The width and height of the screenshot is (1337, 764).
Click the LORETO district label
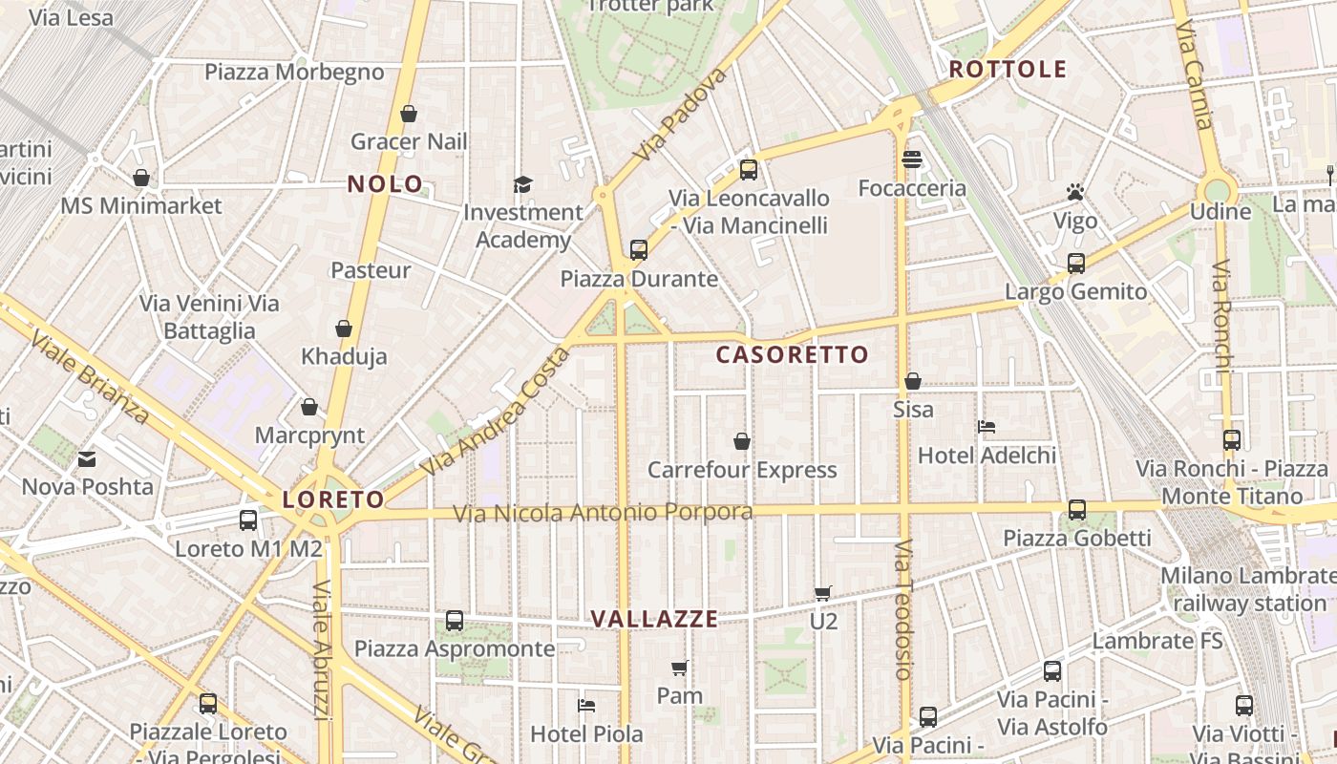(333, 499)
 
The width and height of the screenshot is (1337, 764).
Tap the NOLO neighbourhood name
(385, 184)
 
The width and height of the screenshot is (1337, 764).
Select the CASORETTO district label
(793, 355)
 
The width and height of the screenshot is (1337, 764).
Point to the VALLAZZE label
(654, 619)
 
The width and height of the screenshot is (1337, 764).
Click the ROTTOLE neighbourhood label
(1008, 69)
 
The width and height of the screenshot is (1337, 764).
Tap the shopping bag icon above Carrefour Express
(742, 441)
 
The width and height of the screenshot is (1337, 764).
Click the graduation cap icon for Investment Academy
(522, 184)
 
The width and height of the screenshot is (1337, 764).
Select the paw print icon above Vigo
(1075, 193)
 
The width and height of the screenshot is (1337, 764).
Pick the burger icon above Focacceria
(912, 159)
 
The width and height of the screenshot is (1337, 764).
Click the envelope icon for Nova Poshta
(87, 459)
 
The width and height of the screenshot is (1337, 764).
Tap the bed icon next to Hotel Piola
(586, 706)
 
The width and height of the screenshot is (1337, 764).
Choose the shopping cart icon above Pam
(679, 668)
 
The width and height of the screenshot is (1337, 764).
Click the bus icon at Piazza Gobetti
(1077, 510)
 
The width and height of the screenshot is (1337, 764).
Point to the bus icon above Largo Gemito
(1076, 264)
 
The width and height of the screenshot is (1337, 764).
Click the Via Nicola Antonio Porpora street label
(603, 513)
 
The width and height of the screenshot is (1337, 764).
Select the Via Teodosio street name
(904, 608)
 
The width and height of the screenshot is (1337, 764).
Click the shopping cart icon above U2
(823, 593)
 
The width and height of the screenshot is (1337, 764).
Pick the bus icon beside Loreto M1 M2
(248, 520)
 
